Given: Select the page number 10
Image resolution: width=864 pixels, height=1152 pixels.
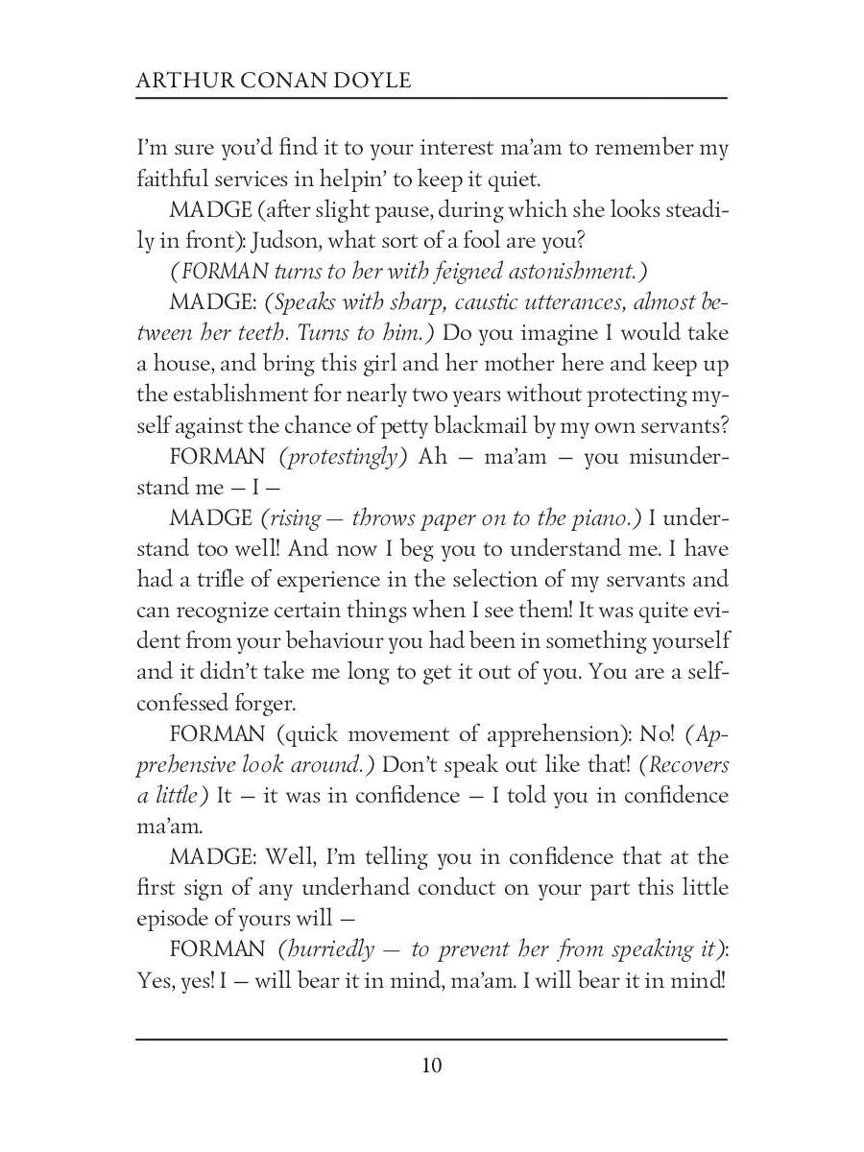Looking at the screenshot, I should [x=431, y=1066].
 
